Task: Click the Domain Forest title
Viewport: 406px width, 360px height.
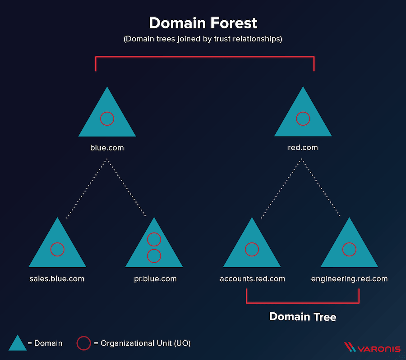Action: click(203, 23)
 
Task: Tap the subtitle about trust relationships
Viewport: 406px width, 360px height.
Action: click(203, 39)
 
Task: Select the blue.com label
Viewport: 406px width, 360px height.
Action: click(107, 148)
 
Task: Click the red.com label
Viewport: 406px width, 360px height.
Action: click(303, 147)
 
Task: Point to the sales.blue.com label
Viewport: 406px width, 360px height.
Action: click(57, 278)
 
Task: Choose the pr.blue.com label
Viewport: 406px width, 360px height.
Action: click(155, 279)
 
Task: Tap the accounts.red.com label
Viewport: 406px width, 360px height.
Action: click(252, 278)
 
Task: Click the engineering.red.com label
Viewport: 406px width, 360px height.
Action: click(349, 279)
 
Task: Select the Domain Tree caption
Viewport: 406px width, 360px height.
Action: click(303, 317)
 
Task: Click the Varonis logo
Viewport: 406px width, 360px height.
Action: click(372, 347)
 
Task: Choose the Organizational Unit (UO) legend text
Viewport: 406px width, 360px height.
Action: click(146, 343)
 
